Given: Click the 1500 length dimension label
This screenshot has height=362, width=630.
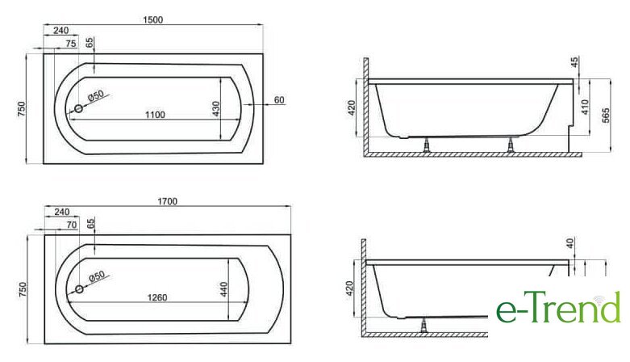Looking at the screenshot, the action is [153, 19].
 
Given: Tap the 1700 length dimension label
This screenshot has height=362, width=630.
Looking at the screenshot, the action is [168, 201].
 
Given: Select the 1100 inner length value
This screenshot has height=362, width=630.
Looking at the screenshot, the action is [155, 115].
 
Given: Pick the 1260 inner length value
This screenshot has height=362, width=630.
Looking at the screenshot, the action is [157, 297].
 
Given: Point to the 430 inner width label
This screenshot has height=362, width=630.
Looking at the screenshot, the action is [216, 109].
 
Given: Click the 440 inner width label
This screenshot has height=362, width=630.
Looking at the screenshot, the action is [223, 289].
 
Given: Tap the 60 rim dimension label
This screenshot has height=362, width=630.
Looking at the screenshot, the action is [279, 100].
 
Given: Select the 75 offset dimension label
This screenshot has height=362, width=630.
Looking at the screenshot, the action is [71, 44].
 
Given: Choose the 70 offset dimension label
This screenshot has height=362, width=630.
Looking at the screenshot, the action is [72, 225].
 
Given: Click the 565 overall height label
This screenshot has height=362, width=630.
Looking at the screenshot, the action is [606, 116].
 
